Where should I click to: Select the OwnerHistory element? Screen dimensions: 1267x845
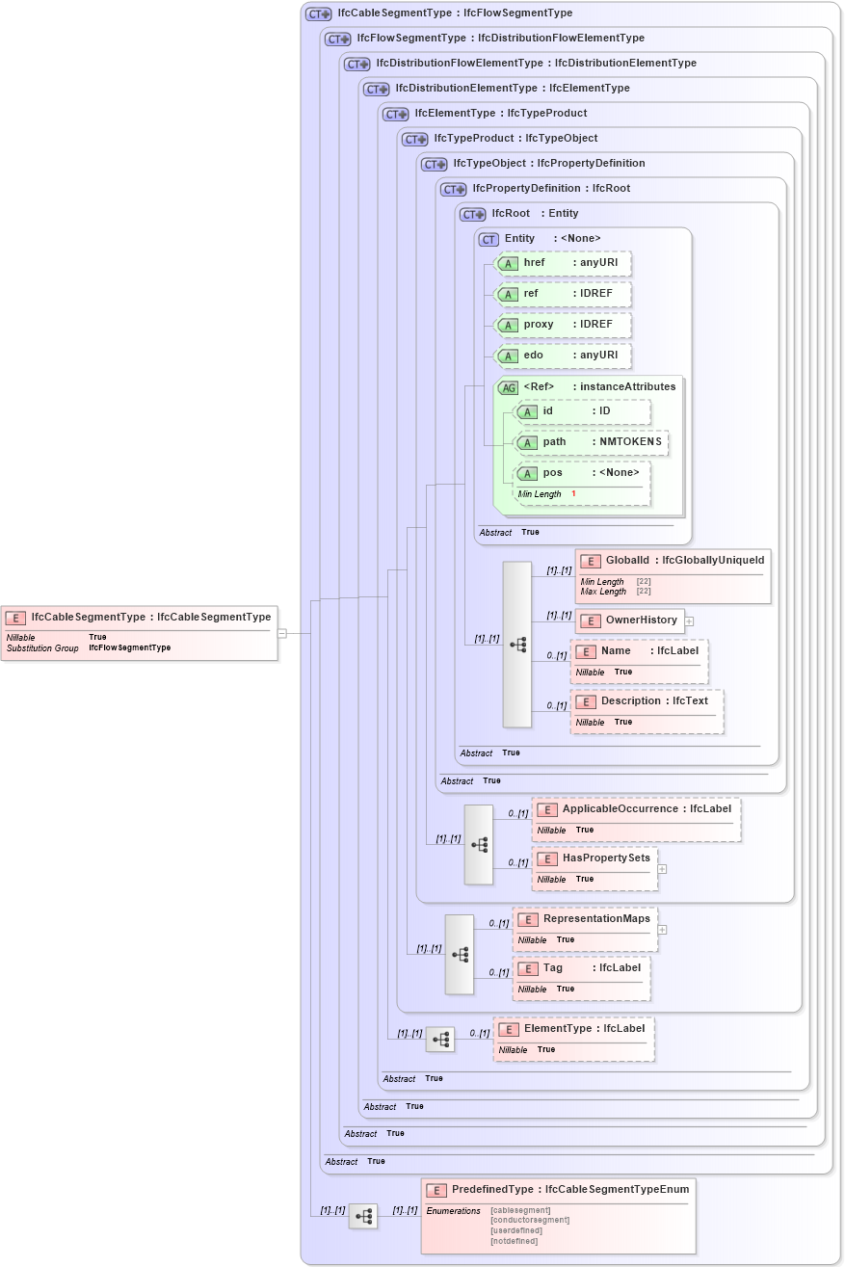(x=630, y=620)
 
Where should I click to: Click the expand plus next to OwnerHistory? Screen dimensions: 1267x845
(x=689, y=621)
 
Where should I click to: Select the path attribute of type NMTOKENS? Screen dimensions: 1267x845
(x=592, y=442)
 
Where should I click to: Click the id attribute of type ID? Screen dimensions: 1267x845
(x=582, y=411)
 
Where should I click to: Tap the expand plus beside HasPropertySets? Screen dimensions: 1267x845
(x=662, y=868)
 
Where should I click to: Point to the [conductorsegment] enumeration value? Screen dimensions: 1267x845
(x=529, y=1220)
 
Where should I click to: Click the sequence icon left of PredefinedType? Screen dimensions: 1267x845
(x=363, y=1217)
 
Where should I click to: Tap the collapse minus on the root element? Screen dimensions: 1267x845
(x=281, y=633)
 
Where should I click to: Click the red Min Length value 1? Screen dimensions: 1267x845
(x=573, y=494)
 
